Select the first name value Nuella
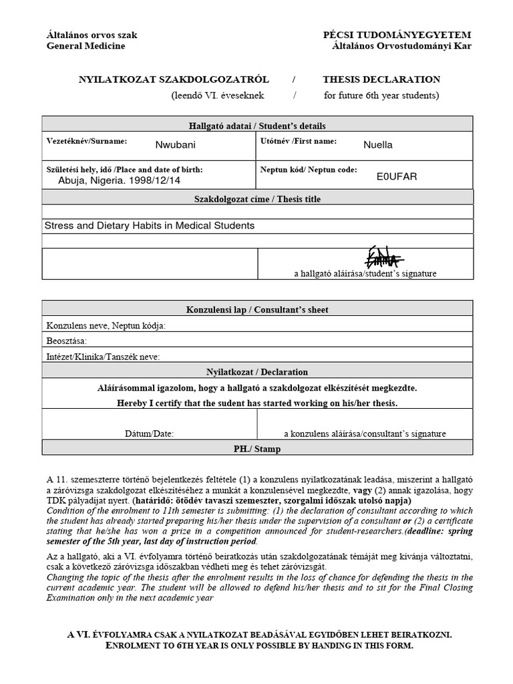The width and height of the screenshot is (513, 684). pos(378,144)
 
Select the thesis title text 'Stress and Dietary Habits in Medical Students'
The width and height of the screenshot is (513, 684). pos(149,226)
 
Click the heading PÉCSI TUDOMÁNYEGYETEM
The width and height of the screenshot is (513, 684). pos(405,34)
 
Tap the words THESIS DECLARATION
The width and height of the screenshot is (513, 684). pos(381,79)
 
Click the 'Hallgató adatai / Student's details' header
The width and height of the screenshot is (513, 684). pos(256,125)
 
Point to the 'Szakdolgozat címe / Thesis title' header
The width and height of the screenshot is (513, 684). pos(256,198)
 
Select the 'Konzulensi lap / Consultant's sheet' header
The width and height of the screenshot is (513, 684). pos(256,310)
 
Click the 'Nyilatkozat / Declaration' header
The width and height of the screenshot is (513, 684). pos(256,372)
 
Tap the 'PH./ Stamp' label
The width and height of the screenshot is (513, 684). pos(256,449)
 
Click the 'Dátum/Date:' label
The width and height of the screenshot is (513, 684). pos(149,434)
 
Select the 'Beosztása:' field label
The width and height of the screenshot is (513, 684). pos(67,341)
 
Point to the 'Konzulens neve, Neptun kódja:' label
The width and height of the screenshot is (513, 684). pos(106,325)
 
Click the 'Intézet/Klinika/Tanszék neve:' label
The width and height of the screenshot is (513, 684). pos(103,356)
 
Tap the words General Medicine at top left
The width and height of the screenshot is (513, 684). pos(85,46)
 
